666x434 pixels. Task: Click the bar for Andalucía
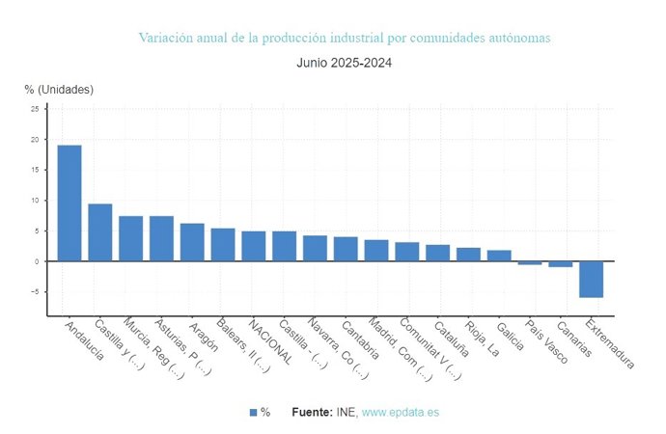coord(69,203)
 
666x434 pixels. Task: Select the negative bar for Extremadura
coord(592,279)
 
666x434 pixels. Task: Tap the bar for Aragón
coord(192,242)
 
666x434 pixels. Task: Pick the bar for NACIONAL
coord(254,246)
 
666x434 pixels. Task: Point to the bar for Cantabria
coord(346,249)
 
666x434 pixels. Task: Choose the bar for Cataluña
coord(437,253)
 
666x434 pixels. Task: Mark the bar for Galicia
coord(499,256)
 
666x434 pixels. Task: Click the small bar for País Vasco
coord(530,262)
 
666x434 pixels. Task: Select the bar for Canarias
coord(561,263)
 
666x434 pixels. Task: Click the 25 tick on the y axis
coord(35,109)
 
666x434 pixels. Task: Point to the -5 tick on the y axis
coord(35,292)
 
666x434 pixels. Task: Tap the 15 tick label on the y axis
coord(35,170)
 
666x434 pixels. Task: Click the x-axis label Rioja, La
coord(481,339)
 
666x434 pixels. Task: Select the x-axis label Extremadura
coord(611,344)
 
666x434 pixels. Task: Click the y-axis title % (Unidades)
coord(59,90)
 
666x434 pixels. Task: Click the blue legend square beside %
coord(253,412)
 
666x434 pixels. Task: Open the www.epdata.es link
coord(400,412)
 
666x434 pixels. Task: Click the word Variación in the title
coord(165,38)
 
